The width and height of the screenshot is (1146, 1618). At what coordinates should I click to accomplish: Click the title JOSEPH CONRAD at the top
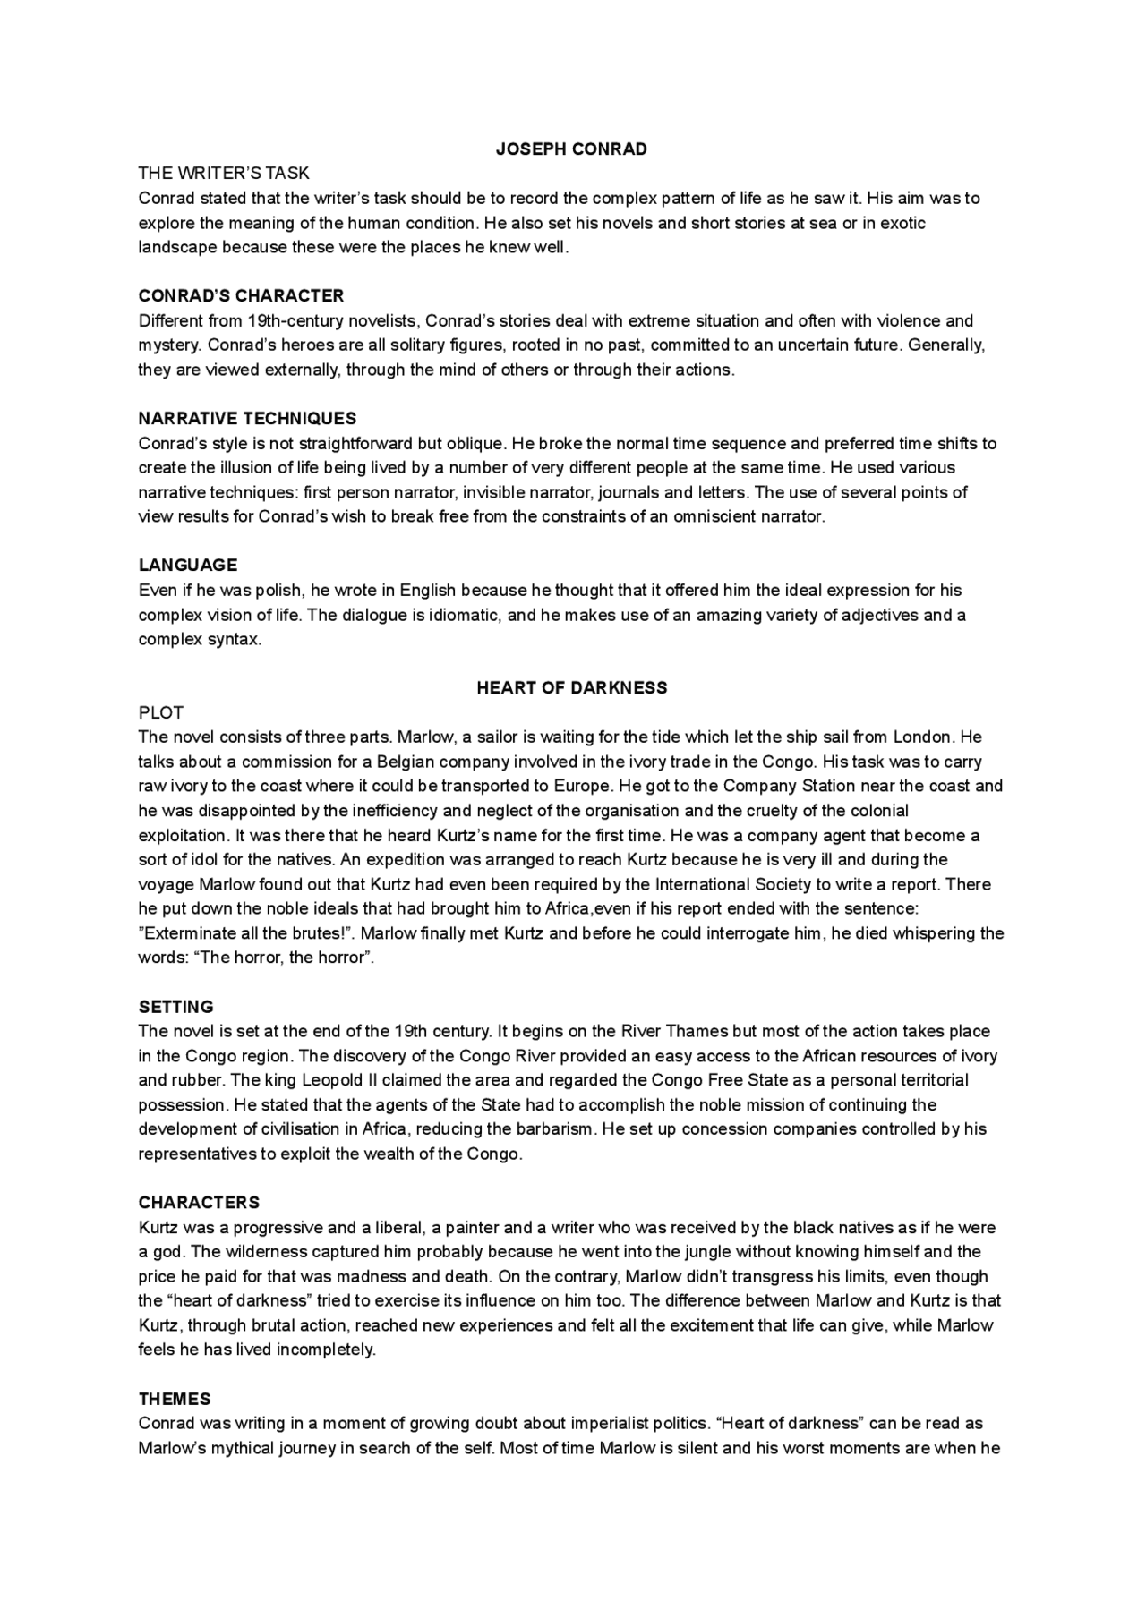(571, 149)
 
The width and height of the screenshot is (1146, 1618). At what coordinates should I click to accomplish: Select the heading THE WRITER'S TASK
(224, 174)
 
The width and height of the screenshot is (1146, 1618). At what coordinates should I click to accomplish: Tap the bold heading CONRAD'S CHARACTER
(241, 296)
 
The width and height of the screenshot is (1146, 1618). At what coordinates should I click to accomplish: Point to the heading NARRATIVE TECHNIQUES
(247, 419)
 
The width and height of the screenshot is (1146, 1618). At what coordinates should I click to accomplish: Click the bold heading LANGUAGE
(188, 566)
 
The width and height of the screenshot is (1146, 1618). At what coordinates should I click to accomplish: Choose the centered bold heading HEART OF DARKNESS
(571, 688)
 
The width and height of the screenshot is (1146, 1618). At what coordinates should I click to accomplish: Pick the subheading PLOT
(161, 713)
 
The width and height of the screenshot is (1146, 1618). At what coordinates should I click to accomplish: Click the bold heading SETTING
(175, 1008)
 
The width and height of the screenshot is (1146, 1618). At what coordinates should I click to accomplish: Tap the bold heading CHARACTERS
(199, 1203)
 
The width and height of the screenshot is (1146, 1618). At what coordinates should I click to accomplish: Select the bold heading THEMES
(175, 1399)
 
